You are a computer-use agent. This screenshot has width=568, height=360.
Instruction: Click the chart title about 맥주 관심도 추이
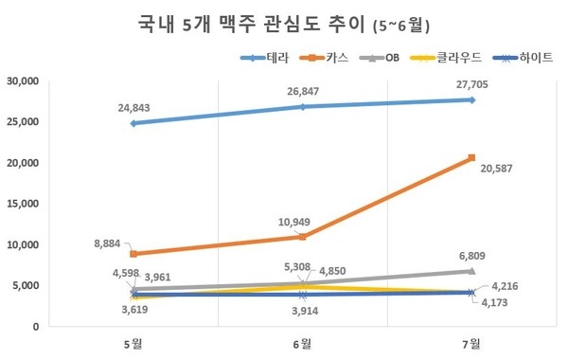[284, 21]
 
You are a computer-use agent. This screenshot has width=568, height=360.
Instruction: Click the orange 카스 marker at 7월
[472, 157]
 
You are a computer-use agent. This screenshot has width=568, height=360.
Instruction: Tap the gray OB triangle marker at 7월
[472, 271]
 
